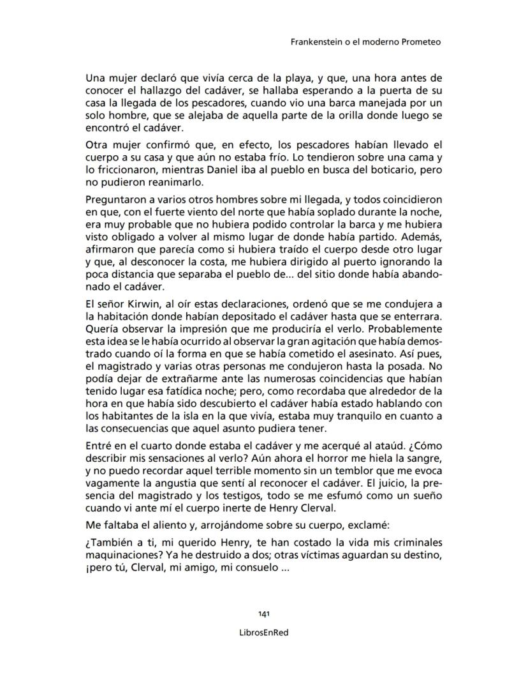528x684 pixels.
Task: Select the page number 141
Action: [263, 614]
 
